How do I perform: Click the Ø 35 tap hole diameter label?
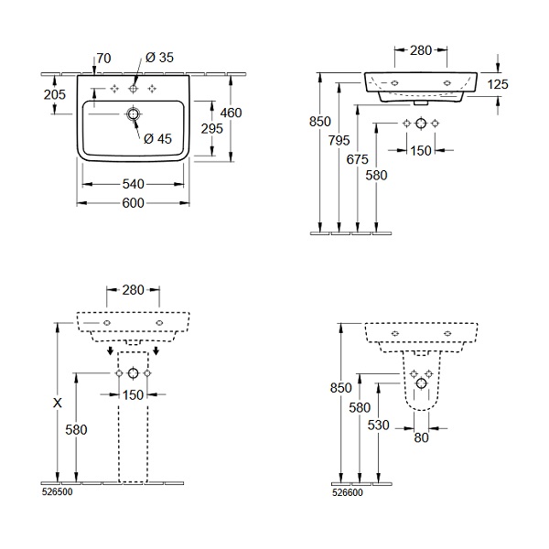coord(159,58)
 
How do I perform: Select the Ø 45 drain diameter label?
coord(157,139)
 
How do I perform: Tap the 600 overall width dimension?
coord(133,203)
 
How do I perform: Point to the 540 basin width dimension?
coord(133,184)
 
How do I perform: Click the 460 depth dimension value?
coord(231,113)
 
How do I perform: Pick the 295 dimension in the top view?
coord(212,129)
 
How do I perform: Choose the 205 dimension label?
coord(55,94)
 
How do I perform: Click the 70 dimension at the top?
coord(103,59)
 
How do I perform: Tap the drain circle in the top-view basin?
coord(133,114)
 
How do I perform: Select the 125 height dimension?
coord(498,84)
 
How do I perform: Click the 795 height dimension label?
coord(339,141)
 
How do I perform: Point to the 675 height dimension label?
coord(358,159)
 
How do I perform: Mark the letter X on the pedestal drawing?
coord(58,403)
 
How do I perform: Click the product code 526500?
coord(57,492)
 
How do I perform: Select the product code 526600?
coord(348,492)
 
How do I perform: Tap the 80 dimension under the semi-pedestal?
coord(421,437)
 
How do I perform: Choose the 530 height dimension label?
coord(379,425)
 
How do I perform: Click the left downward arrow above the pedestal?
coord(111,350)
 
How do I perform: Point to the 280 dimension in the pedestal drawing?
coord(133,290)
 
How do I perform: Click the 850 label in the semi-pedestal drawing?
coord(340,388)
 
